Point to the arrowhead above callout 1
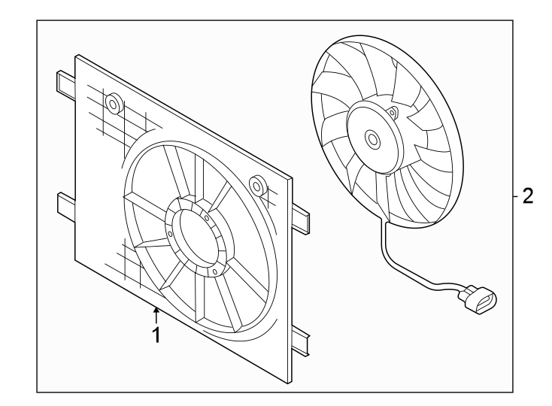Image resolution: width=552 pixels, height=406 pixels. click(156, 309)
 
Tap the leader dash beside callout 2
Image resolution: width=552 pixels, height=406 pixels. click(514, 197)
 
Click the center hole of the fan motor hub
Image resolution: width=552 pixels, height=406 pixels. click(372, 138)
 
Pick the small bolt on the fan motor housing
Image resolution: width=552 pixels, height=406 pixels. click(393, 114)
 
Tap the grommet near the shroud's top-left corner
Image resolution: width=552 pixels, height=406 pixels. click(114, 102)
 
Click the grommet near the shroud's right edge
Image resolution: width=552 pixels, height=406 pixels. click(256, 184)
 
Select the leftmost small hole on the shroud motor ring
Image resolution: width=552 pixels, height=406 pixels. click(171, 234)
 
